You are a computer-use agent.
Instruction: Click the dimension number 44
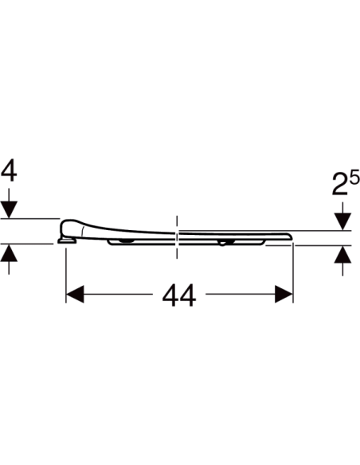click(179, 295)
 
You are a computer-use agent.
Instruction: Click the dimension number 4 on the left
click(9, 170)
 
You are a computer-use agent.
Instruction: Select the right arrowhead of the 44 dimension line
click(284, 295)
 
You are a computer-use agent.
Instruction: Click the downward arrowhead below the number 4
click(9, 209)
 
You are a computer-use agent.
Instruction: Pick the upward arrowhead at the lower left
click(9, 253)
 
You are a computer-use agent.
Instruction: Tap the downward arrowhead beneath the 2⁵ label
click(342, 221)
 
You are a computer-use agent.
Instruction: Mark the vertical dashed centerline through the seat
click(176, 235)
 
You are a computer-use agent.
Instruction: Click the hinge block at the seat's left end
click(65, 236)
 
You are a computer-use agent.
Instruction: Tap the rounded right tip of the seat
click(288, 236)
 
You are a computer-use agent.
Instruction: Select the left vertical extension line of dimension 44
click(65, 271)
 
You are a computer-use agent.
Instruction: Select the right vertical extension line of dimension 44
click(295, 271)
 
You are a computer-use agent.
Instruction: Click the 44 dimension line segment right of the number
click(239, 295)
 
